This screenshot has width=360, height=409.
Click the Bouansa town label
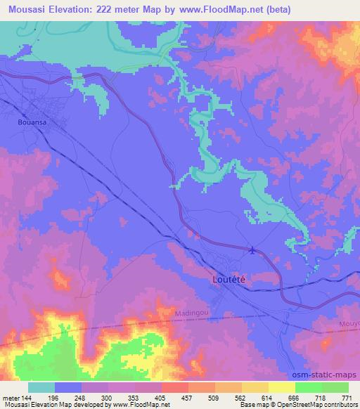pyautogui.click(x=30, y=121)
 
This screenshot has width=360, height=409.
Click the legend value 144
pyautogui.click(x=27, y=398)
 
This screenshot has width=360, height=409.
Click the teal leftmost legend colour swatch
pyautogui.click(x=41, y=387)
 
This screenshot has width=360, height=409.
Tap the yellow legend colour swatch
pyautogui.click(x=282, y=387)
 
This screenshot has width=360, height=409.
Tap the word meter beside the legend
pyautogui.click(x=10, y=398)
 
